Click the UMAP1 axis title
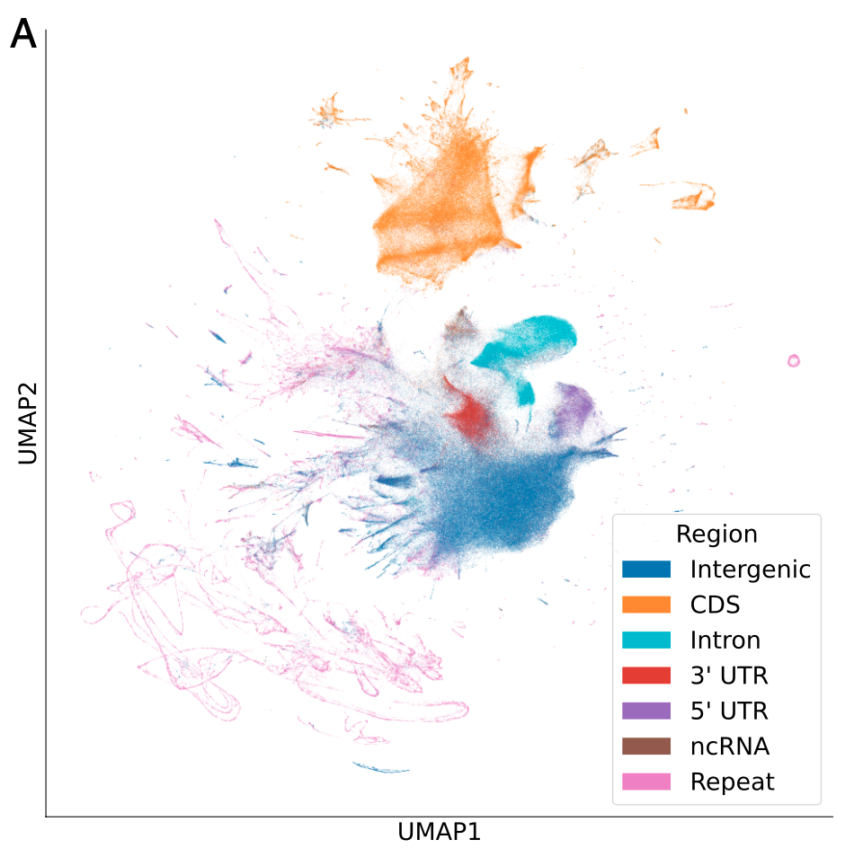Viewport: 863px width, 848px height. click(438, 832)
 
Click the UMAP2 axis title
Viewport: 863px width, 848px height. click(28, 423)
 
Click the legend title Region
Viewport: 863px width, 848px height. click(716, 534)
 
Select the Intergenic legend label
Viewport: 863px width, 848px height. click(751, 570)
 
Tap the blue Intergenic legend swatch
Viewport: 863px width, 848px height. click(646, 570)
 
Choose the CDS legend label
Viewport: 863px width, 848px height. click(715, 605)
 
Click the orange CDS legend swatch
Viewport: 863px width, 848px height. click(646, 605)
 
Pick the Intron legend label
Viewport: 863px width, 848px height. click(725, 640)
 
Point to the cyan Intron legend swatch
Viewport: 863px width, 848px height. click(646, 640)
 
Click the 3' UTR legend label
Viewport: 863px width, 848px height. click(729, 676)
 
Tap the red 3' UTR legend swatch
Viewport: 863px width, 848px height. click(646, 676)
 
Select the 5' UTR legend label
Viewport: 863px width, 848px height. click(729, 711)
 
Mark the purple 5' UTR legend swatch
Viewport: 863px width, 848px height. click(646, 711)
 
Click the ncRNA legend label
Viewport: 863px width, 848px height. click(729, 746)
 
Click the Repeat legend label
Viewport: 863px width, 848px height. click(732, 782)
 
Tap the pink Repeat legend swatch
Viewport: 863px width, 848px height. click(646, 782)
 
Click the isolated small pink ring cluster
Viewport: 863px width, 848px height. click(793, 361)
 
